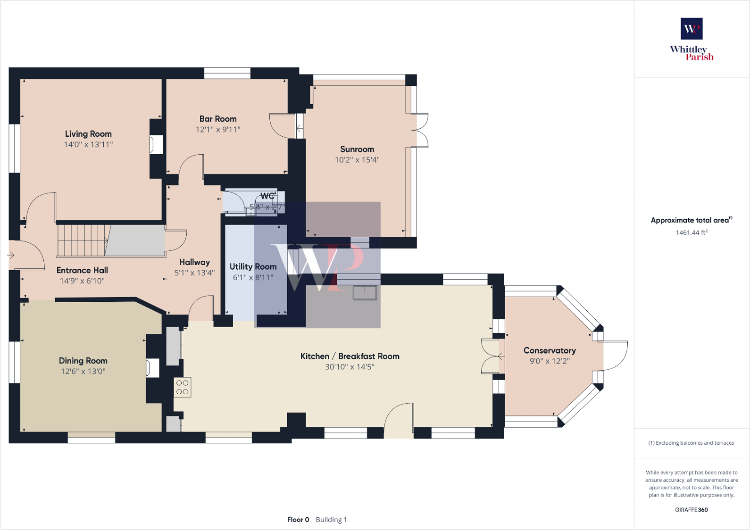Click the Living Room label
pyautogui.click(x=88, y=134)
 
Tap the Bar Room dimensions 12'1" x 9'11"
pyautogui.click(x=218, y=129)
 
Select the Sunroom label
pyautogui.click(x=357, y=149)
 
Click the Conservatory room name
pyautogui.click(x=550, y=350)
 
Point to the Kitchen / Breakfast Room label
pyautogui.click(x=350, y=356)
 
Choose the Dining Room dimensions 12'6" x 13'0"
pyautogui.click(x=83, y=372)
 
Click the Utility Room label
pyautogui.click(x=253, y=266)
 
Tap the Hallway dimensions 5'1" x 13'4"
pyautogui.click(x=194, y=273)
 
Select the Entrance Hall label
pyautogui.click(x=82, y=270)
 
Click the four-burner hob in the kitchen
pyautogui.click(x=182, y=387)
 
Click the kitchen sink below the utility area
pyautogui.click(x=365, y=292)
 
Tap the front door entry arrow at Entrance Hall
pyautogui.click(x=11, y=255)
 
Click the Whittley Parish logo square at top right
pyautogui.click(x=692, y=29)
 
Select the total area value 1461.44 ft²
pyautogui.click(x=691, y=232)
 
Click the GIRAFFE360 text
pyautogui.click(x=691, y=510)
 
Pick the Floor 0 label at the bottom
pyautogui.click(x=298, y=520)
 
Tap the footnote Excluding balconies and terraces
pyautogui.click(x=691, y=443)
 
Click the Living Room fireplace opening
pyautogui.click(x=156, y=145)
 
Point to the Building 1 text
pyautogui.click(x=331, y=520)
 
